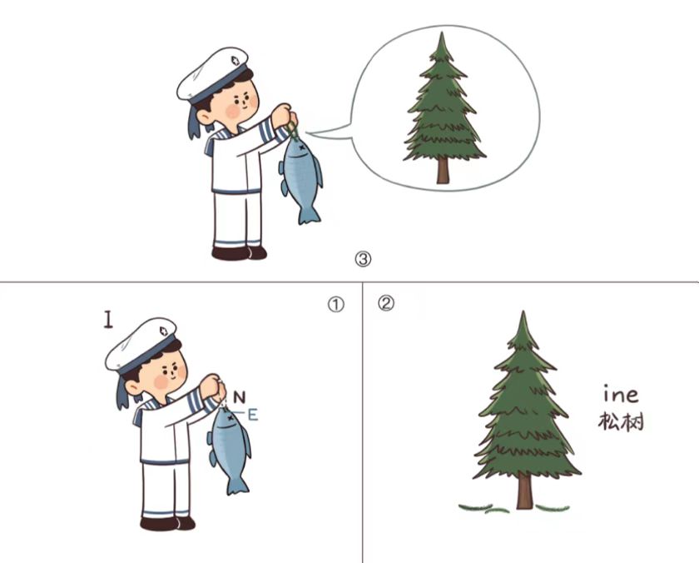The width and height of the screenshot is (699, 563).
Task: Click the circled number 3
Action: point(363,259)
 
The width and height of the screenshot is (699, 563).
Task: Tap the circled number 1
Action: point(335,305)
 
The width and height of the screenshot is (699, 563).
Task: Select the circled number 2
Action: point(386,304)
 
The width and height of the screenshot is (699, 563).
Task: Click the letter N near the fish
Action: point(240,397)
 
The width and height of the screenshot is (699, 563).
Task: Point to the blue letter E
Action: point(253,415)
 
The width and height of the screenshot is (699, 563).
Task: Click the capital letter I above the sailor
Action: point(108,320)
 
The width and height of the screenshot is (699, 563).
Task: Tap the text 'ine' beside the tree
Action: point(621,394)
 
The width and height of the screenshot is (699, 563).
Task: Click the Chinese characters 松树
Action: point(621,421)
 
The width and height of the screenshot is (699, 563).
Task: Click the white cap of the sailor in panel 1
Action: point(140,345)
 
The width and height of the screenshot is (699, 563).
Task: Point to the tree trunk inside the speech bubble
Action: point(443,171)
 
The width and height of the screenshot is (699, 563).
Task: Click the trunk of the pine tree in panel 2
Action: point(525,491)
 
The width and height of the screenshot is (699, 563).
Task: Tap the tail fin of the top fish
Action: point(309,214)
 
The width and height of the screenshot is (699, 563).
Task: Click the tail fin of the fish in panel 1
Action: point(238,486)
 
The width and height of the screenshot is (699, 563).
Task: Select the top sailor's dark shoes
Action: point(239,253)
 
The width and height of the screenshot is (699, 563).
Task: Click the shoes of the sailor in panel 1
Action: point(167,523)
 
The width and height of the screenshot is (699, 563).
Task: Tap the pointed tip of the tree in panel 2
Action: point(523,311)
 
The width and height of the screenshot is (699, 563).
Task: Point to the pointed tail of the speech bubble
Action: point(307,132)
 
